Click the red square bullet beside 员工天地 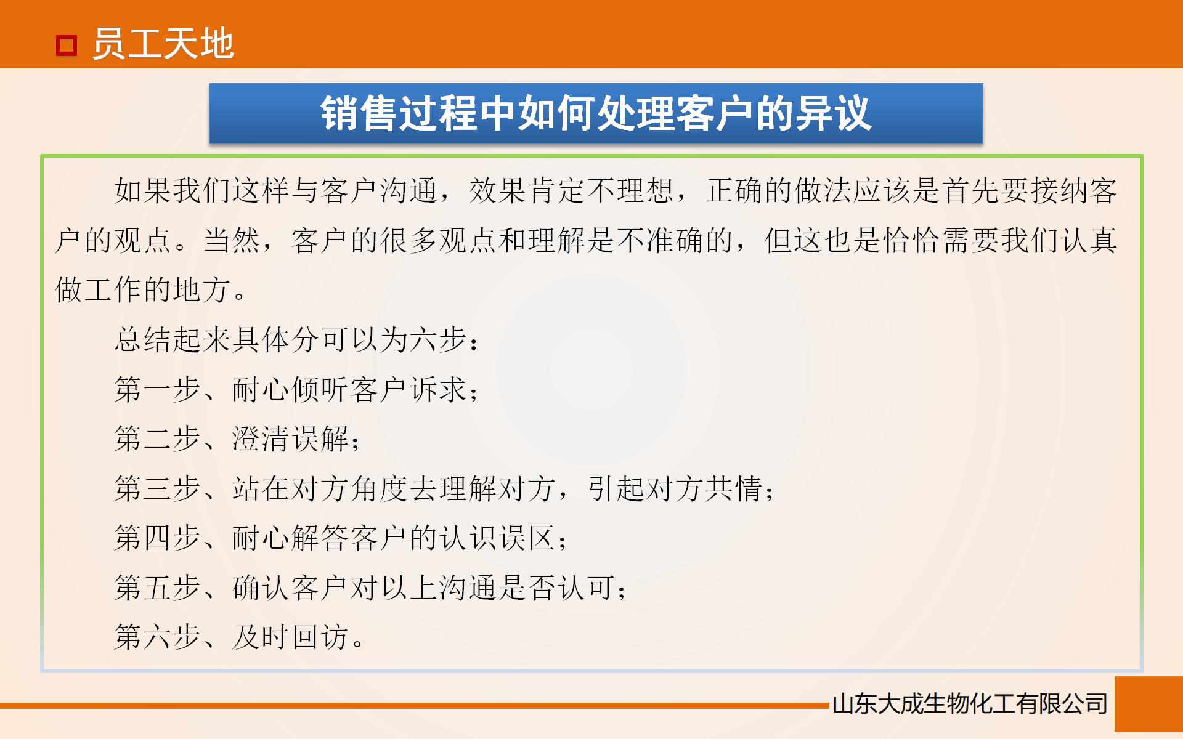[x=67, y=46]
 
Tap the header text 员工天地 [x=163, y=44]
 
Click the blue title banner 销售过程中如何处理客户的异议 [x=595, y=114]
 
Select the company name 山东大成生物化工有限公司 [x=970, y=704]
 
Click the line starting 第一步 [x=296, y=389]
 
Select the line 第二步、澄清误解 [x=237, y=439]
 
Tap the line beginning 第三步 [x=444, y=489]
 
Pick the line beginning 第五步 [x=370, y=588]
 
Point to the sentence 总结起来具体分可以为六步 [x=296, y=339]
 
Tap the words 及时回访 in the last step [x=291, y=637]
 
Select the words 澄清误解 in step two [x=291, y=439]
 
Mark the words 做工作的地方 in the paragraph [x=143, y=289]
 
